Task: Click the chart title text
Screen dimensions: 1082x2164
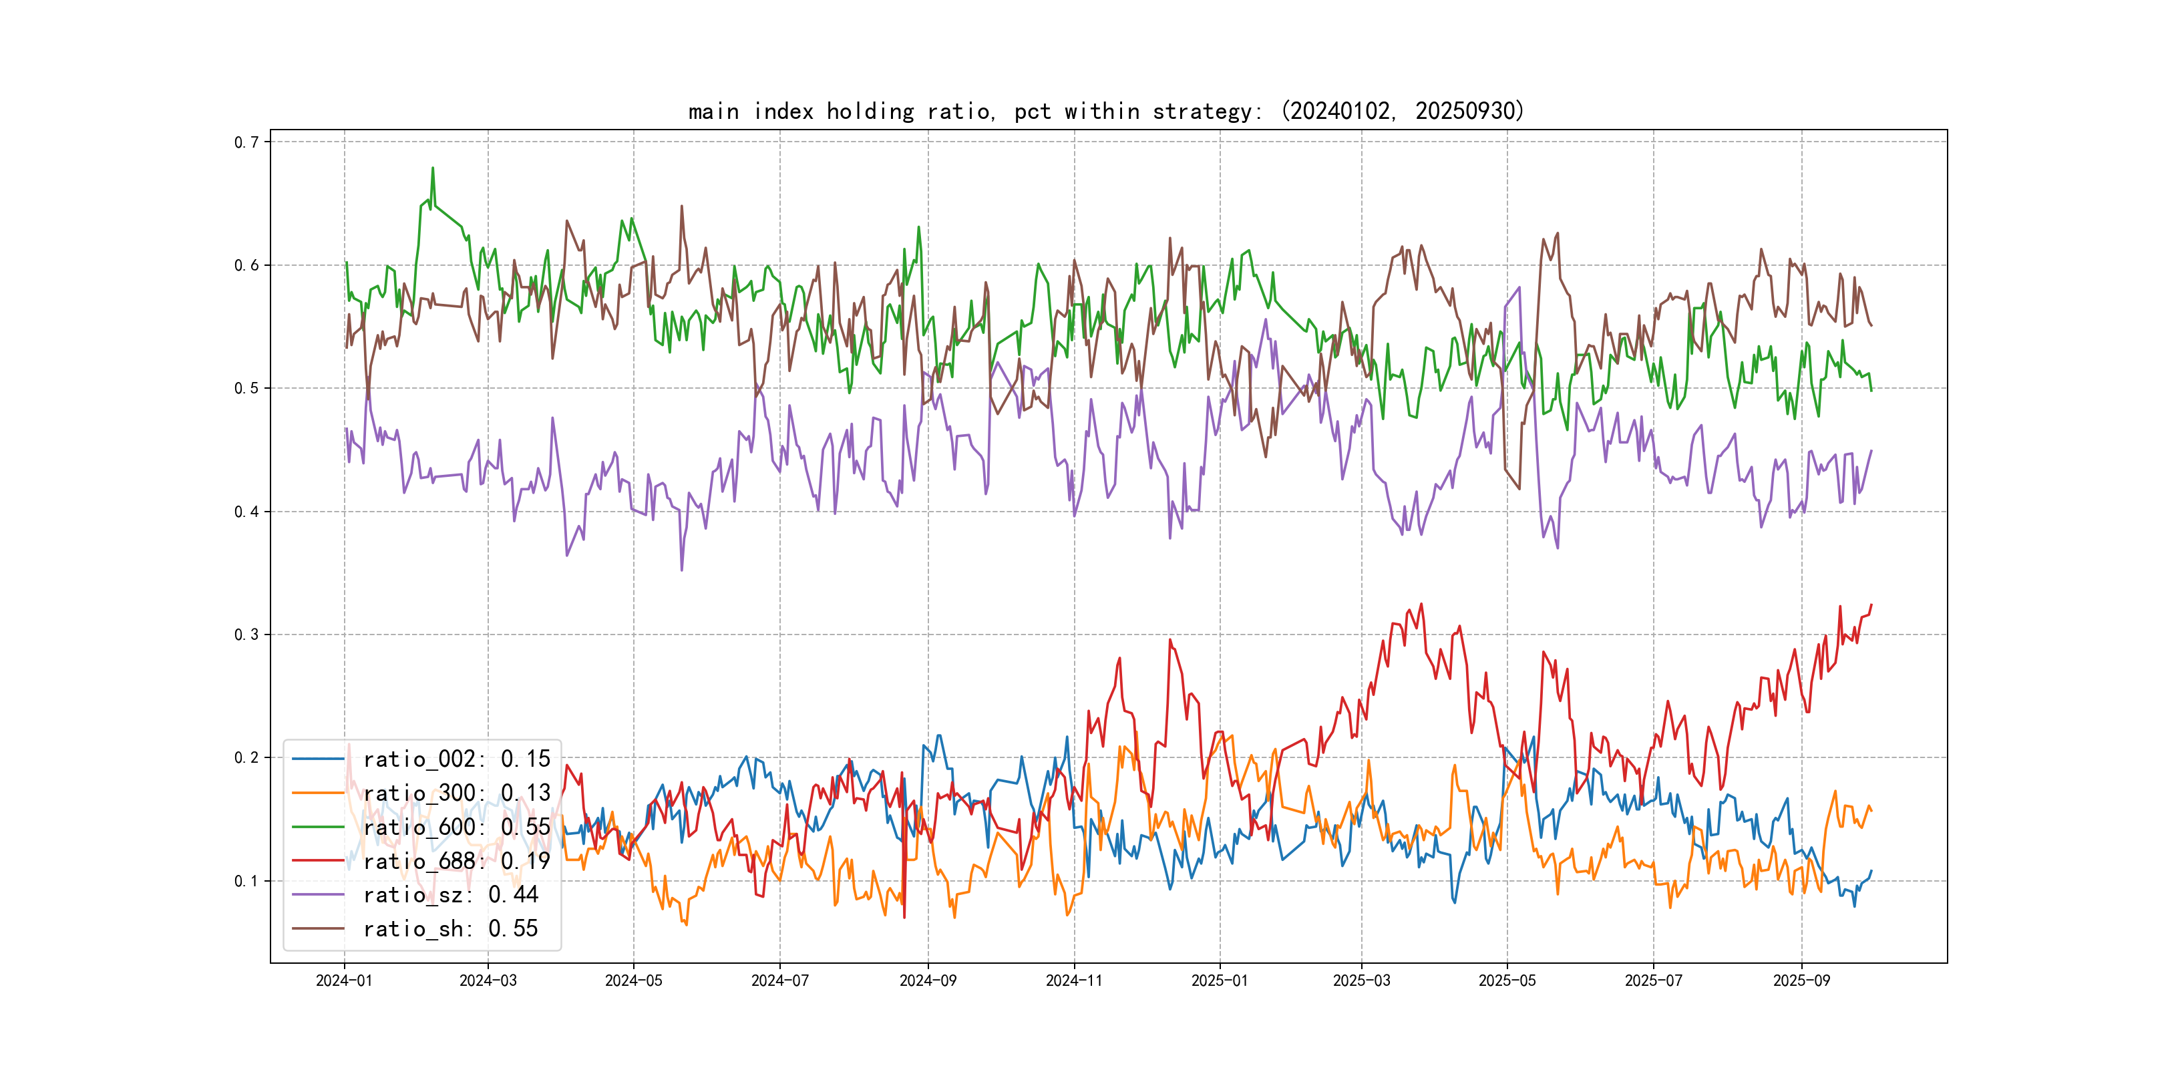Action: coord(1105,111)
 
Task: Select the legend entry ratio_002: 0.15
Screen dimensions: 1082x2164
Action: coord(456,759)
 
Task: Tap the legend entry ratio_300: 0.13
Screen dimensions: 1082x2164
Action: coord(456,793)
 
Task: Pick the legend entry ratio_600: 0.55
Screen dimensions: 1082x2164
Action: coord(456,827)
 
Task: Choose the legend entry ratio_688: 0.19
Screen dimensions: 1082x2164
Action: coord(456,861)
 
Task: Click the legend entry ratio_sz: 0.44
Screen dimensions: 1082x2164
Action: coord(450,895)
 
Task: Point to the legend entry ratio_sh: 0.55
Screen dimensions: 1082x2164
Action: coord(450,928)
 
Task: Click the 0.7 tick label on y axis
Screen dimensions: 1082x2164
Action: coord(246,142)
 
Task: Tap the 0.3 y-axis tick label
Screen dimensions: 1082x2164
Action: coord(246,635)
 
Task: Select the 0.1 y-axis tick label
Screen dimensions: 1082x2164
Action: coord(246,880)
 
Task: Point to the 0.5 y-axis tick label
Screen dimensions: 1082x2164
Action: coord(246,388)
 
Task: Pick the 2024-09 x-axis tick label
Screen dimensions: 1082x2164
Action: coord(928,980)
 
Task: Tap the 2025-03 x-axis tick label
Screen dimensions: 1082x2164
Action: coord(1361,980)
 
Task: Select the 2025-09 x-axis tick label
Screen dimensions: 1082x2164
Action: coord(1801,980)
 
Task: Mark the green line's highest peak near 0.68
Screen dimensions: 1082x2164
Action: coord(433,168)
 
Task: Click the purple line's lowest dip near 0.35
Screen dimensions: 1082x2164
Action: coord(681,570)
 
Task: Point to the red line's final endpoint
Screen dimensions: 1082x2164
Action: coord(1871,605)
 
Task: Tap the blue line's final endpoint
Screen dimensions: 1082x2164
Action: coord(1871,871)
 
